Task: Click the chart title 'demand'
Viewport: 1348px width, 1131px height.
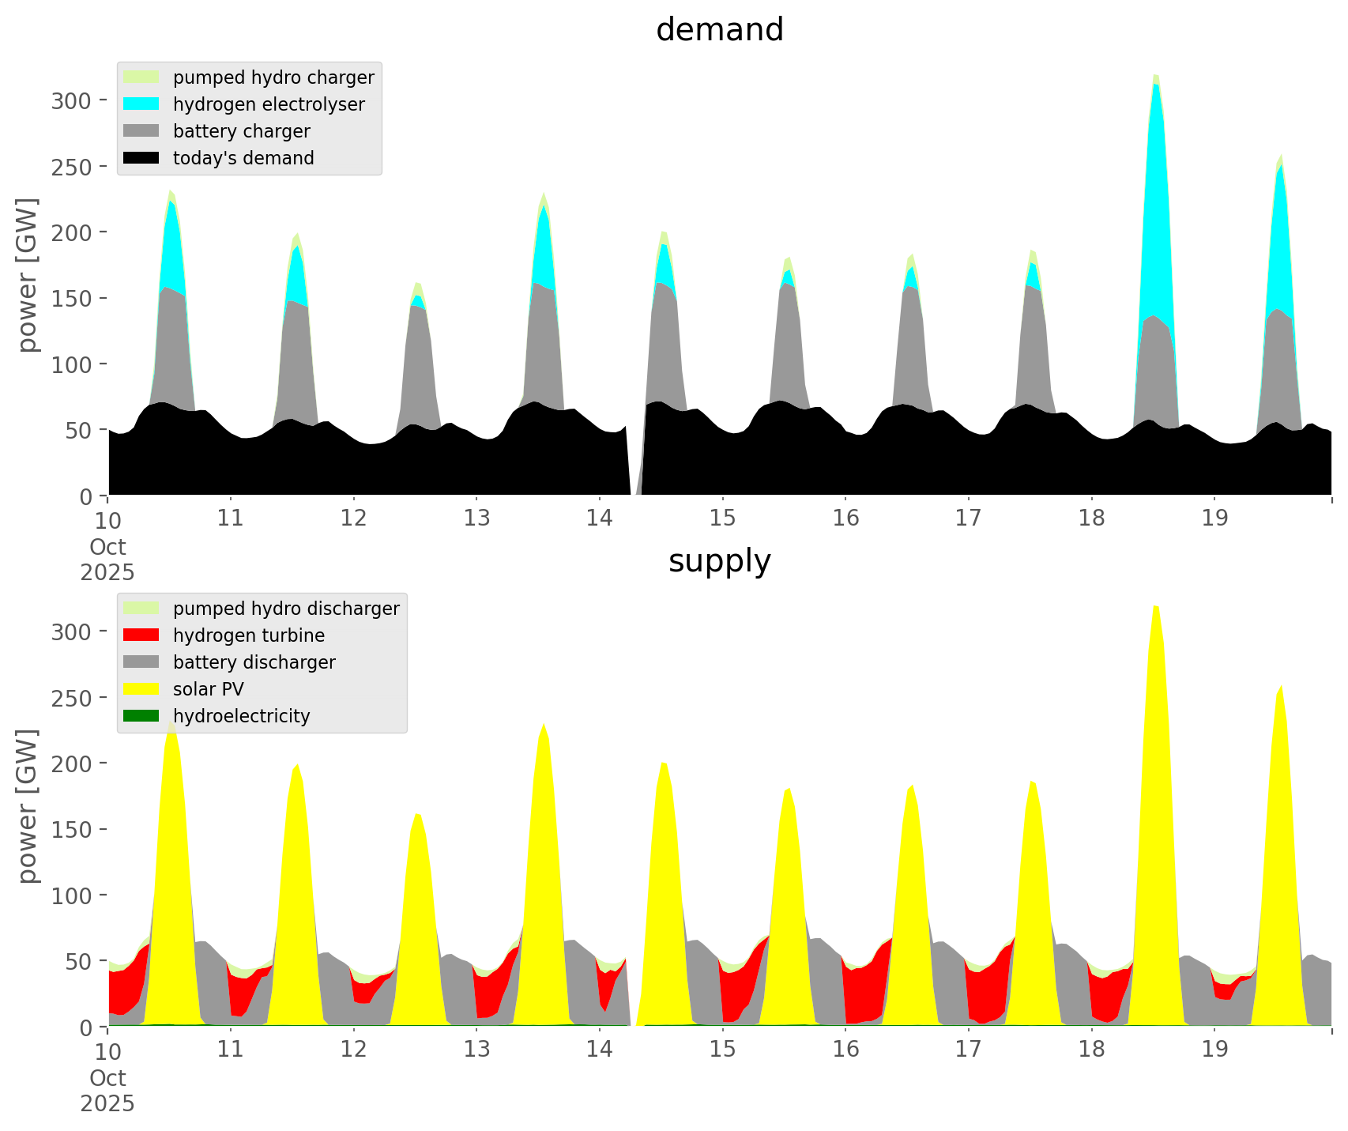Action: point(719,30)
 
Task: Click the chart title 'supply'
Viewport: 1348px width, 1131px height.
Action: point(719,561)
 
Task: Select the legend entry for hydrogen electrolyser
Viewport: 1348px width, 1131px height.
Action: point(269,104)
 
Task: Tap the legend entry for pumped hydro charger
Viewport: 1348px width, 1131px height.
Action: point(273,77)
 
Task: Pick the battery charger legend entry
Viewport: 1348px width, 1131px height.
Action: point(241,131)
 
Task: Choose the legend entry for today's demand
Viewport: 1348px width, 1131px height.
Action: point(243,158)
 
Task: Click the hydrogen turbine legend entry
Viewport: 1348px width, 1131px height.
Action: point(248,635)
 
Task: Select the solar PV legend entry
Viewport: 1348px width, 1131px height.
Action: point(208,689)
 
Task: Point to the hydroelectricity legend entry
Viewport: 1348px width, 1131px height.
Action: point(241,716)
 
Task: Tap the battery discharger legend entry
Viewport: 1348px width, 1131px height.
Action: point(254,662)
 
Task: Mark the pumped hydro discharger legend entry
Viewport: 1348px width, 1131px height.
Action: point(286,609)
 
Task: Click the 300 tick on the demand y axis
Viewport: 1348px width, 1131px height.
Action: point(72,100)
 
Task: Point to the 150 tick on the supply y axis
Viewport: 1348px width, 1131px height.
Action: point(72,829)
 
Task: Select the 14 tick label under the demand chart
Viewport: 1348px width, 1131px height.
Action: point(600,518)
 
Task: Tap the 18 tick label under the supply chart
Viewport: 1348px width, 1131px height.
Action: point(1091,1050)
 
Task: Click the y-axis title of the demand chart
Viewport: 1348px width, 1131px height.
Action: point(28,275)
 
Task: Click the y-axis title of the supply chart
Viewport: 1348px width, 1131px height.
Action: point(28,806)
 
